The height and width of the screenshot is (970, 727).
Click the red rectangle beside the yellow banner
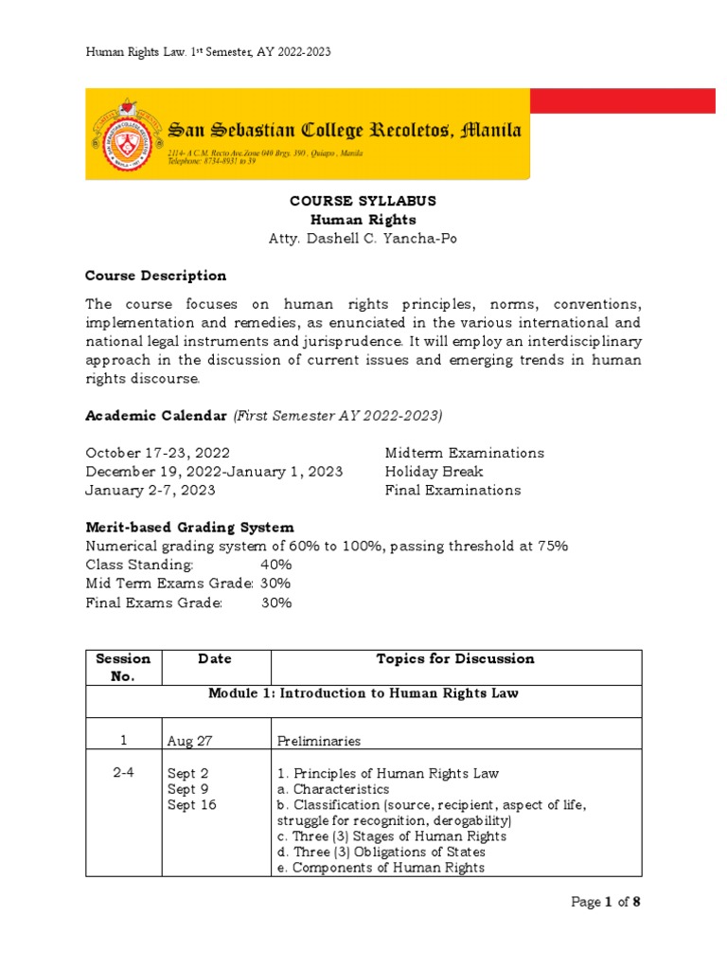pyautogui.click(x=622, y=101)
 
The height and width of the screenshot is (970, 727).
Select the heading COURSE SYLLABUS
pyautogui.click(x=349, y=202)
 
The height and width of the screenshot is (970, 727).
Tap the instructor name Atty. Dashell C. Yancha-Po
pyautogui.click(x=349, y=239)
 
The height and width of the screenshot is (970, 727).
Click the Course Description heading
pyautogui.click(x=156, y=276)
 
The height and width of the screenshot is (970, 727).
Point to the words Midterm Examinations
pyautogui.click(x=464, y=453)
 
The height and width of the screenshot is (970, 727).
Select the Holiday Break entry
pyautogui.click(x=434, y=472)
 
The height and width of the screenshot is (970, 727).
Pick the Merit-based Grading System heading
pyautogui.click(x=189, y=527)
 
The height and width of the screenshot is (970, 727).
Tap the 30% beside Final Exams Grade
pyautogui.click(x=275, y=602)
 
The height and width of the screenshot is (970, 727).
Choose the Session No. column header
pyautogui.click(x=123, y=667)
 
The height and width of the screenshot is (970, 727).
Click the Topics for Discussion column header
pyautogui.click(x=455, y=659)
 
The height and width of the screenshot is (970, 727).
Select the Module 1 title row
pyautogui.click(x=363, y=693)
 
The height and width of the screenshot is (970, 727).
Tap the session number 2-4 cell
pyautogui.click(x=123, y=773)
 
